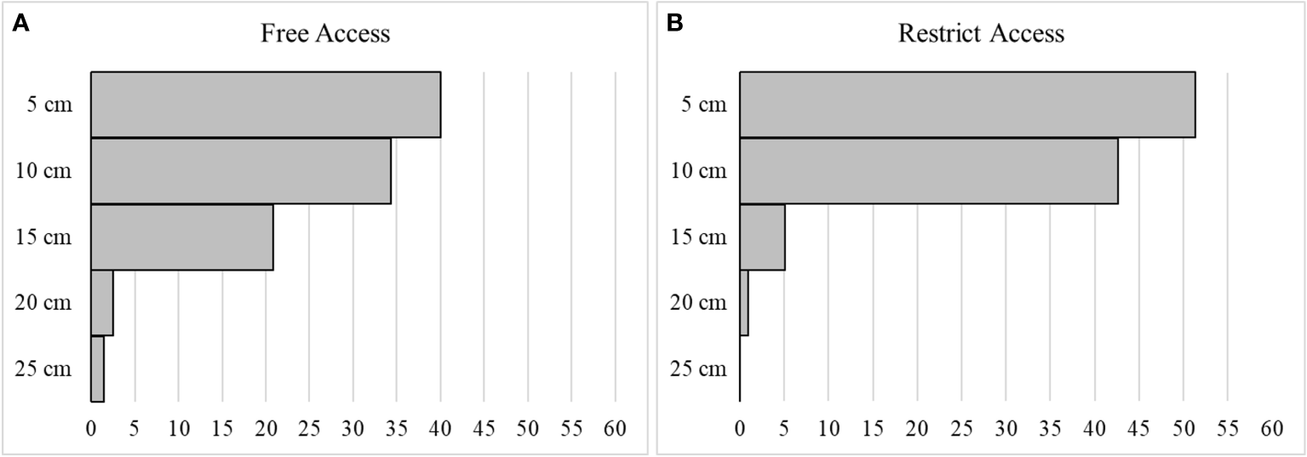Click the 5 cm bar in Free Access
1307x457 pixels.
pos(266,105)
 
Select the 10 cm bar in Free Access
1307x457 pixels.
pos(241,171)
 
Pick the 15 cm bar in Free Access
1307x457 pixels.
pos(182,237)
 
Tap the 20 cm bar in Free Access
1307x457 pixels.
pos(102,303)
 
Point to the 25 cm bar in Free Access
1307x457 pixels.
pos(97,369)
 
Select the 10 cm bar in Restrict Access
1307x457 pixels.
pos(928,171)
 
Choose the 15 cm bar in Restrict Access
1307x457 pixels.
pos(762,237)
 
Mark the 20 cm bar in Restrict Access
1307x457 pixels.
pos(744,303)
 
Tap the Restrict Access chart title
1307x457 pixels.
pos(981,34)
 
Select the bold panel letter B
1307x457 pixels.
pos(675,23)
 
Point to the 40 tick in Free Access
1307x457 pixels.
pos(440,428)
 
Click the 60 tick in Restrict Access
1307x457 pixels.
pos(1271,428)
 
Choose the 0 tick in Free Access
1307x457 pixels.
pos(91,428)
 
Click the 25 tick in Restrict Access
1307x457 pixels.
pos(961,428)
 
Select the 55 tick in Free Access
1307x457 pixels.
pos(571,428)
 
